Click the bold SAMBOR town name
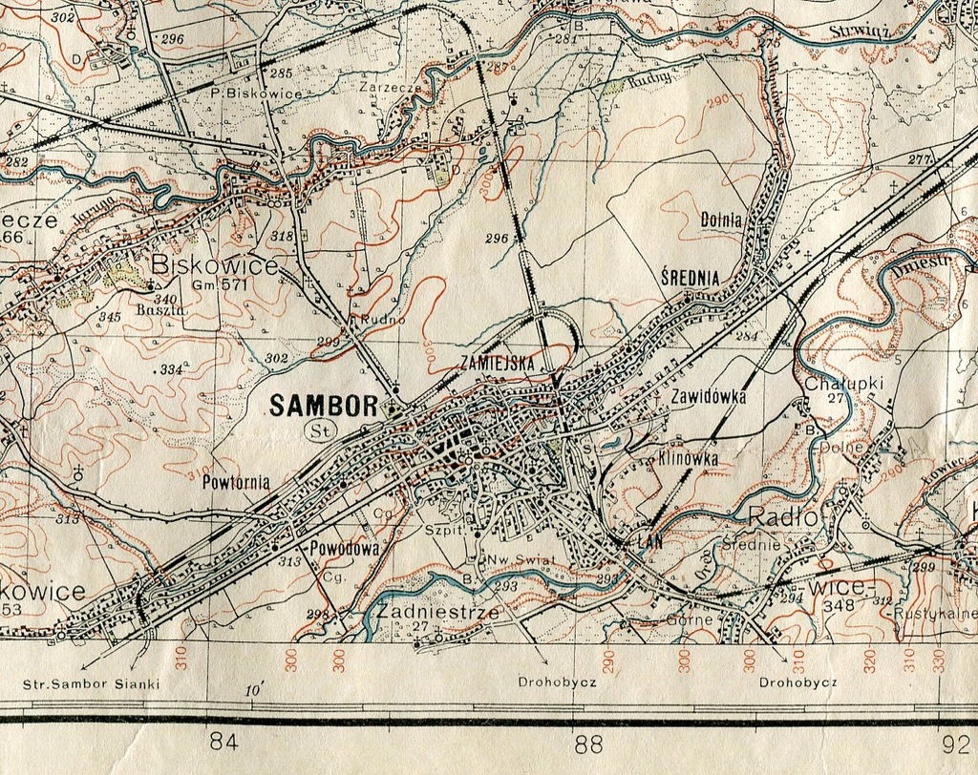pyautogui.click(x=324, y=406)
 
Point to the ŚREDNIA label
pyautogui.click(x=690, y=278)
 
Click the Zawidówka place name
pyautogui.click(x=708, y=396)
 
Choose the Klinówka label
pyautogui.click(x=688, y=458)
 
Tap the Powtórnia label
pyautogui.click(x=236, y=482)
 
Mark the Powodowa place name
pyautogui.click(x=346, y=549)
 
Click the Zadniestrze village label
pyautogui.click(x=437, y=612)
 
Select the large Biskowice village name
pyautogui.click(x=214, y=264)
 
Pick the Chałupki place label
pyautogui.click(x=844, y=383)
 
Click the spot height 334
pyautogui.click(x=171, y=369)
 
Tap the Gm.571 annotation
pyautogui.click(x=220, y=284)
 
